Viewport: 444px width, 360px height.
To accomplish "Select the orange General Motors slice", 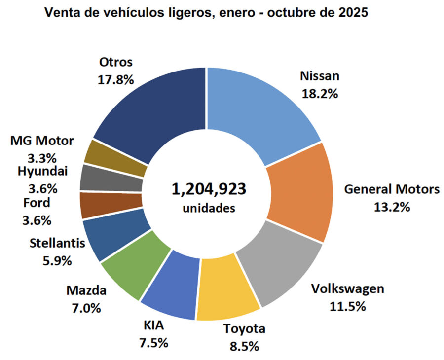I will pos(301,192).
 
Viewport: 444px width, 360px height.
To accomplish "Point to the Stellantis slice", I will pos(106,237).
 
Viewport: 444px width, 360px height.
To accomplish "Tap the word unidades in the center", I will pos(209,208).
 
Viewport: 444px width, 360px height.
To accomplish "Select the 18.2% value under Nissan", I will pos(320,93).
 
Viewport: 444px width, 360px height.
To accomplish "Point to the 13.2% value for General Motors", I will pos(391,207).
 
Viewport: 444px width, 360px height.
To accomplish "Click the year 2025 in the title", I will pos(351,13).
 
